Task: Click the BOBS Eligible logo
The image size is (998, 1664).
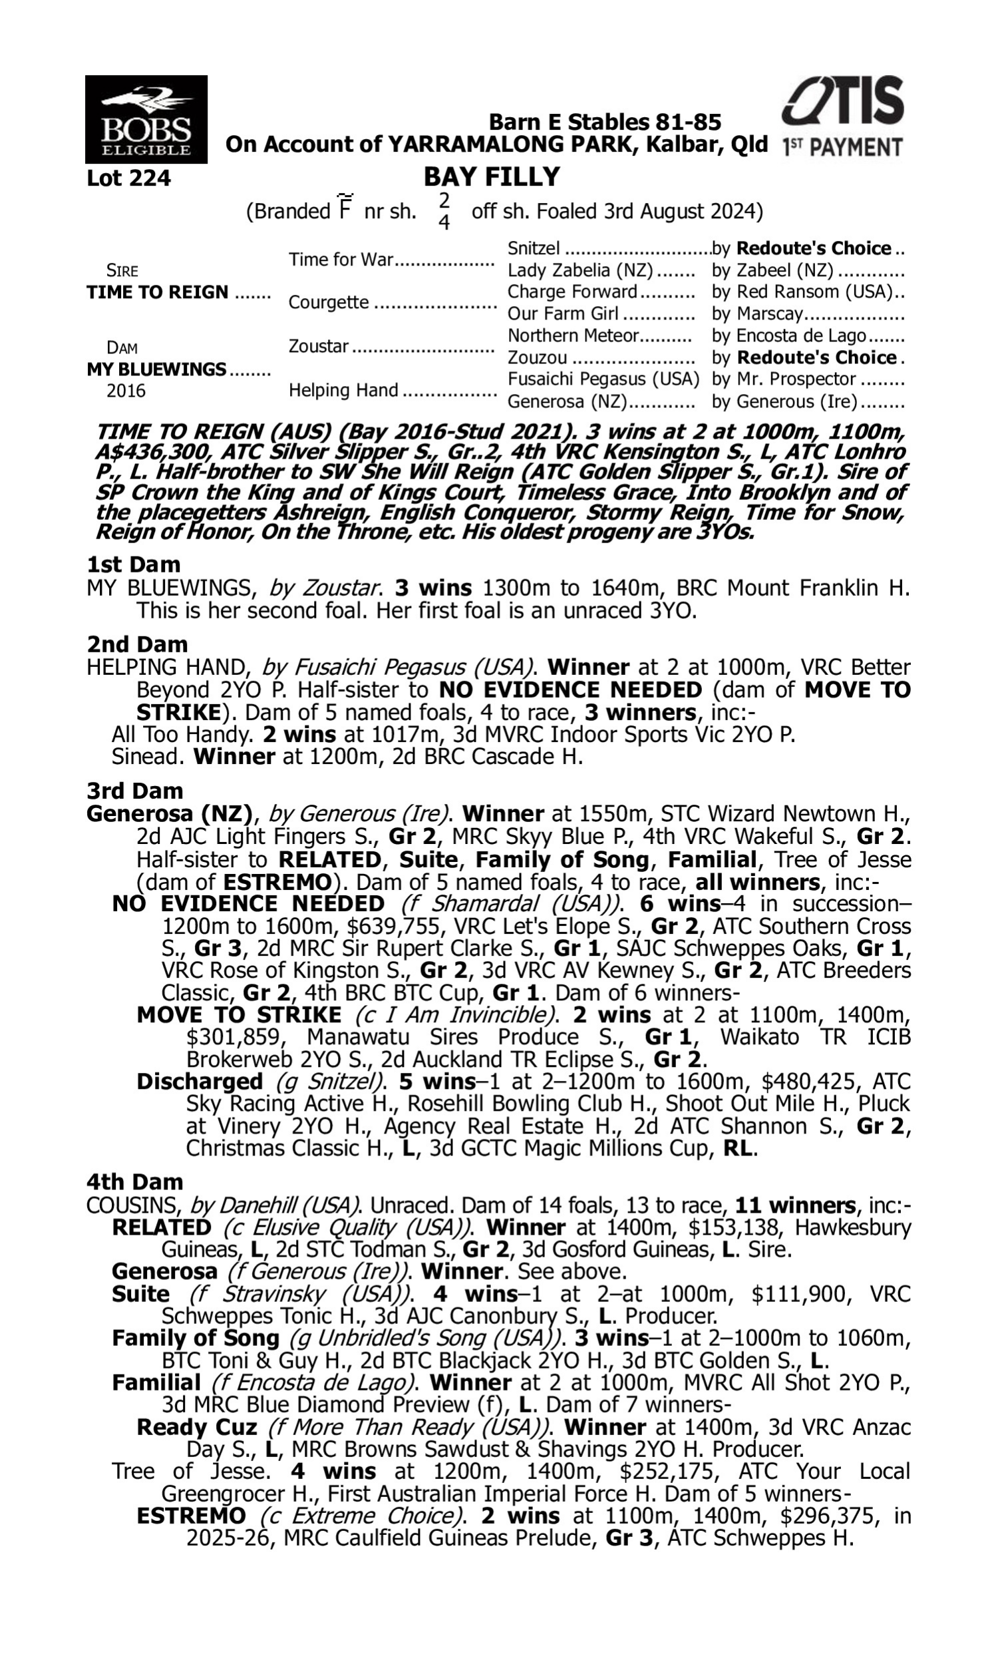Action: click(146, 119)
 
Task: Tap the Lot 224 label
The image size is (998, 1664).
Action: click(128, 178)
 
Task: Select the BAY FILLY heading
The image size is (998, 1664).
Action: click(492, 177)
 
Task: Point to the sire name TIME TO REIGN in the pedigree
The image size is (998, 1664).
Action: click(158, 293)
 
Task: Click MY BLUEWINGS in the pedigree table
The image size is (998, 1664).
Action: click(156, 369)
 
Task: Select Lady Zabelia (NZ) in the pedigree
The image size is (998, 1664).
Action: click(580, 270)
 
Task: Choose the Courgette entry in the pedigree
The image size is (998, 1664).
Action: click(328, 303)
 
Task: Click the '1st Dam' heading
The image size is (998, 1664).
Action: click(134, 564)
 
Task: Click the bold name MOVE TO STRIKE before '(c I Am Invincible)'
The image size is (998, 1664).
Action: click(239, 1014)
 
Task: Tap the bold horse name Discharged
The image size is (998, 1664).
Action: click(199, 1082)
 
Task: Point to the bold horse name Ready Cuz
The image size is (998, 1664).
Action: click(196, 1427)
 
